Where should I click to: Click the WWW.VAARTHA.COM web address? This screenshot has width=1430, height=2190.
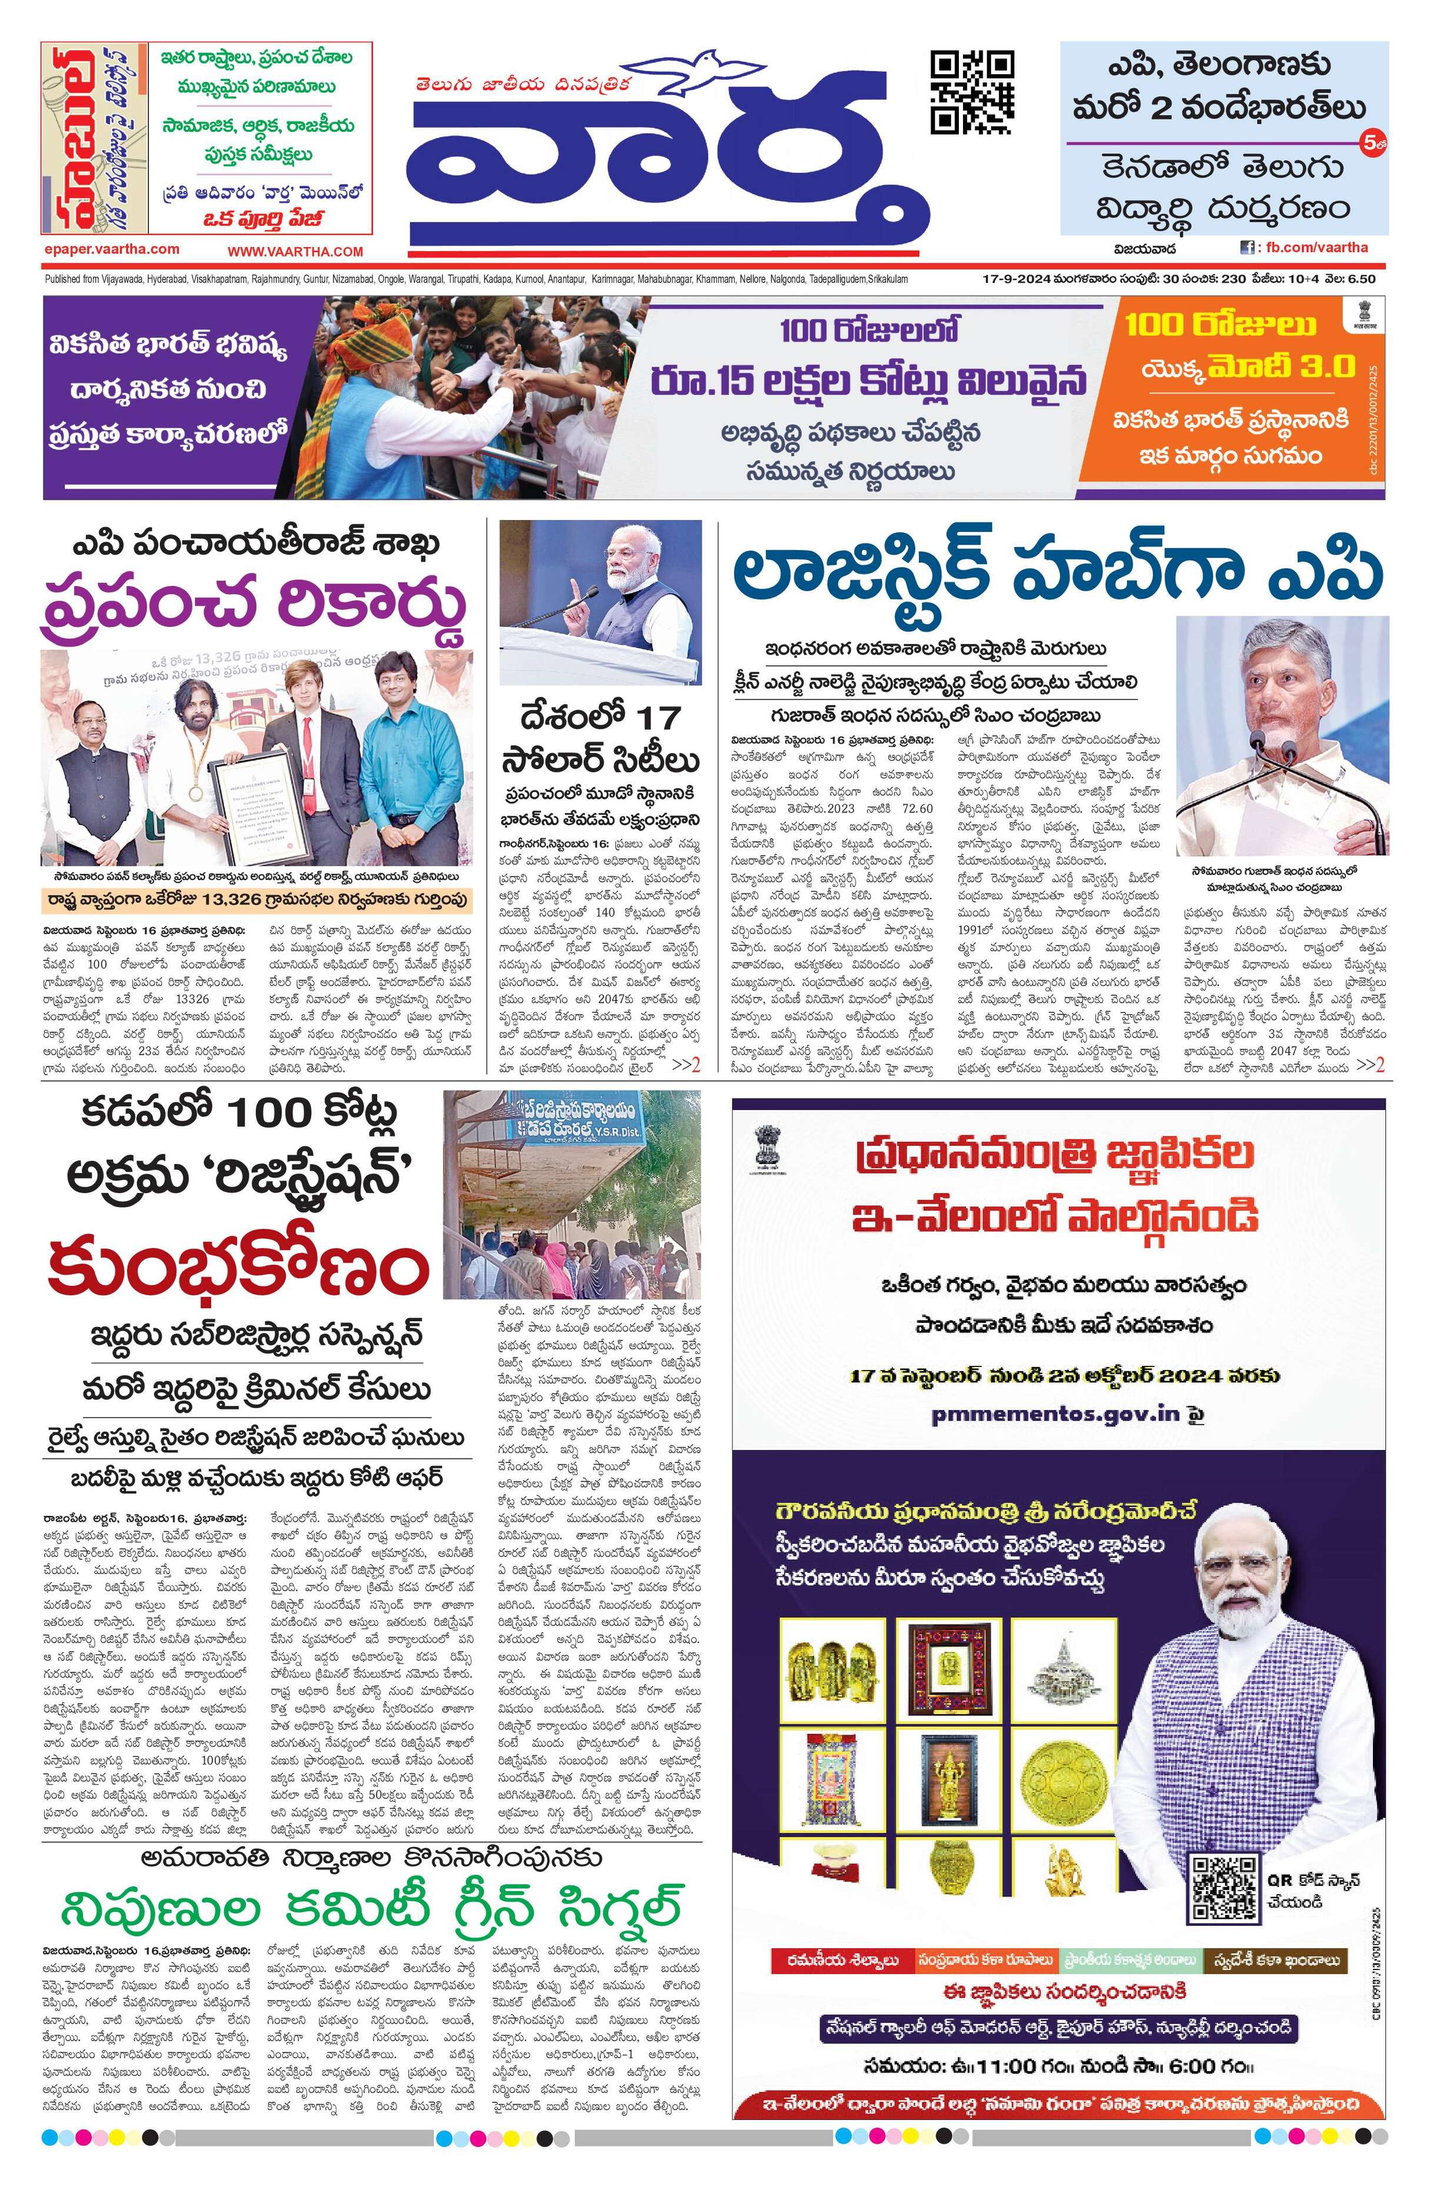tap(295, 251)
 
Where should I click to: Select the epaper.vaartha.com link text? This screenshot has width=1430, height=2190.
tap(111, 249)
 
